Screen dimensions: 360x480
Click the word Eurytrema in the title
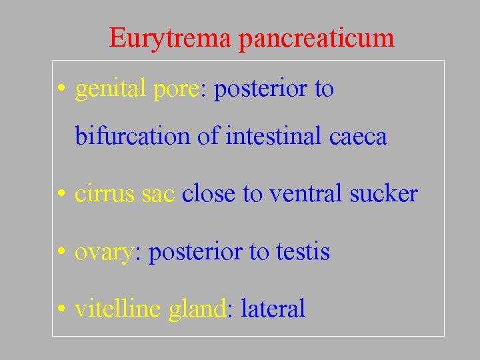click(x=170, y=37)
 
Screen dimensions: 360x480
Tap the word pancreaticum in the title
click(x=317, y=39)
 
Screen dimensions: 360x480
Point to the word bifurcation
click(x=133, y=137)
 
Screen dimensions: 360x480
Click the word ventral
click(x=306, y=194)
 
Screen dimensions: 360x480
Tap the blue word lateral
click(x=273, y=309)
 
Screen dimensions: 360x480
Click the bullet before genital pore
click(x=61, y=89)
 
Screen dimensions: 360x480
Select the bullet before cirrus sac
click(x=61, y=195)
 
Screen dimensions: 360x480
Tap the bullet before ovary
click(x=61, y=252)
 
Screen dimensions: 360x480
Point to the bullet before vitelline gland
click(x=61, y=309)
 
